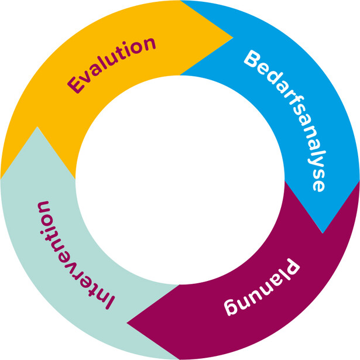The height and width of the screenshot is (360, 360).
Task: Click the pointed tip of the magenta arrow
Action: tap(128, 322)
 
